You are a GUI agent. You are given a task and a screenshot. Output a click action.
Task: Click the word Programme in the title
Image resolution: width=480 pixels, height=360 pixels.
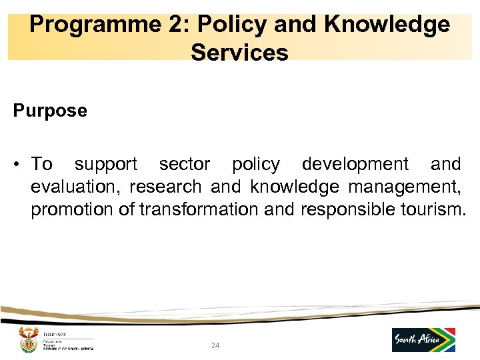(x=83, y=25)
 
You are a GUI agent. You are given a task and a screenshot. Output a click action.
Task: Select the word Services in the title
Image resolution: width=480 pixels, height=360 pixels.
(x=239, y=52)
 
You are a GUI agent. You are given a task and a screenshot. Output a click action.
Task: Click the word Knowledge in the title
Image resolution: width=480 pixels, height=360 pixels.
(x=387, y=25)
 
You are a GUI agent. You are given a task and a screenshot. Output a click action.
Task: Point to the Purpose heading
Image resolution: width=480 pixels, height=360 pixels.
(x=50, y=111)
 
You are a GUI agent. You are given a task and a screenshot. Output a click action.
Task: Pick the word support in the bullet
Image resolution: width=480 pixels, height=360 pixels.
(x=106, y=165)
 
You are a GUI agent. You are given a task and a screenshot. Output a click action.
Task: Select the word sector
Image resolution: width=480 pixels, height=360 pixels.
(x=185, y=165)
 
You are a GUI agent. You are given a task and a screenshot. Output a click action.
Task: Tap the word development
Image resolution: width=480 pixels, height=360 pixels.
(x=355, y=165)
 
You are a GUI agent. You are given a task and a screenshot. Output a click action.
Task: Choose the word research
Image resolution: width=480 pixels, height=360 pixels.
(x=169, y=187)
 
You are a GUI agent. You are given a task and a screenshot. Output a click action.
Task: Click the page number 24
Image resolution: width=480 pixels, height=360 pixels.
(x=215, y=345)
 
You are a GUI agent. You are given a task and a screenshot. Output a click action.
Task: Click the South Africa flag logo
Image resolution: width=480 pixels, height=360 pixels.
(x=423, y=340)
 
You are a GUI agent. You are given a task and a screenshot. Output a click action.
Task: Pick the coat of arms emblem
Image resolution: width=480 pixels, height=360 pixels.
(x=27, y=340)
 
